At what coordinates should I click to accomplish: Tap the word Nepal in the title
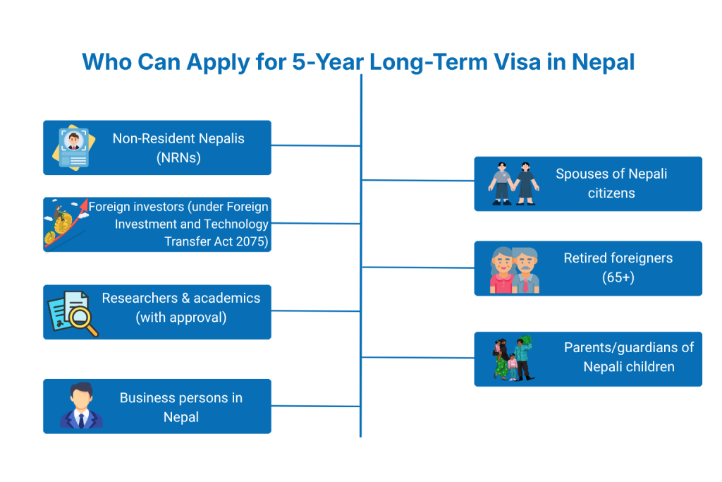tap(603, 62)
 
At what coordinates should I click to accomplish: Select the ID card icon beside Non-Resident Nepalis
tap(73, 147)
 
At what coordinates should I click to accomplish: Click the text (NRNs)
tap(178, 158)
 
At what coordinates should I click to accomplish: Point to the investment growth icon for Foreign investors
tap(65, 224)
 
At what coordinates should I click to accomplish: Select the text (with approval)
tap(181, 318)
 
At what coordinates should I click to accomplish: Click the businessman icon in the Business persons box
tap(81, 406)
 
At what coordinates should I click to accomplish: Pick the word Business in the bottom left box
tap(146, 398)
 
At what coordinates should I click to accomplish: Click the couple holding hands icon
tap(513, 183)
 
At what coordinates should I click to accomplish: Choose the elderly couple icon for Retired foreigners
tap(515, 270)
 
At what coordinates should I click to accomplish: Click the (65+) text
tap(618, 277)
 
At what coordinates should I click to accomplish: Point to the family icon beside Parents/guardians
tap(513, 359)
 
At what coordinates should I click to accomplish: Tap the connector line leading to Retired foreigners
tap(417, 267)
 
